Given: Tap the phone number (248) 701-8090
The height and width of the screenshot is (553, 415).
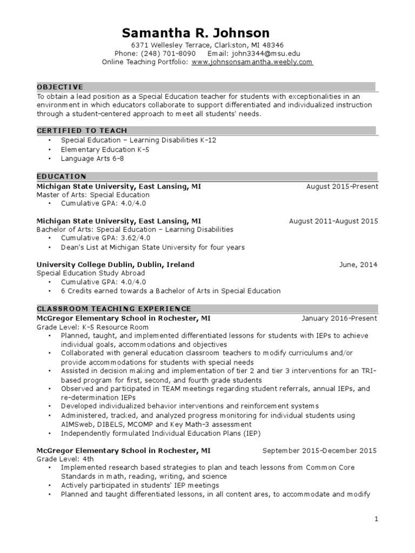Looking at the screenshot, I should [x=162, y=53].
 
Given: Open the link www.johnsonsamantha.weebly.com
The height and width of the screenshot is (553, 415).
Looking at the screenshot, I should [x=252, y=62].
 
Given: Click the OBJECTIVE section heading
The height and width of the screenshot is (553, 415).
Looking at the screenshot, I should [x=60, y=86].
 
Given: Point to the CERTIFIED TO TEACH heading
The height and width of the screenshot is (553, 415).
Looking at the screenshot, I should [x=82, y=131].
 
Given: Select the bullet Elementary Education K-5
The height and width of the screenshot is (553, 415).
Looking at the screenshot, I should [x=98, y=150].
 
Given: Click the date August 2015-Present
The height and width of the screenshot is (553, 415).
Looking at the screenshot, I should [x=342, y=186].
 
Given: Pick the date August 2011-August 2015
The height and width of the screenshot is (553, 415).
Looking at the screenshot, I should [x=333, y=221].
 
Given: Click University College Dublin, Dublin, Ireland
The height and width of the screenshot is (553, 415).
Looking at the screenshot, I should [x=115, y=265].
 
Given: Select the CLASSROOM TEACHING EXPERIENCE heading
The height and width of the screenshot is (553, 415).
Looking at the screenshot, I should [x=113, y=309].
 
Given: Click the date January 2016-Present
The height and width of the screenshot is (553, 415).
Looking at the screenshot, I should [x=339, y=318].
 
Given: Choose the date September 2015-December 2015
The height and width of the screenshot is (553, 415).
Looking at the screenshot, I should [x=320, y=450].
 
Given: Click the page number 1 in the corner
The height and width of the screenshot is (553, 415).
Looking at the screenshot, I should [x=377, y=519].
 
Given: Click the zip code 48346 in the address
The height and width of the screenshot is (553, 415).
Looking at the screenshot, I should [x=273, y=45].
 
